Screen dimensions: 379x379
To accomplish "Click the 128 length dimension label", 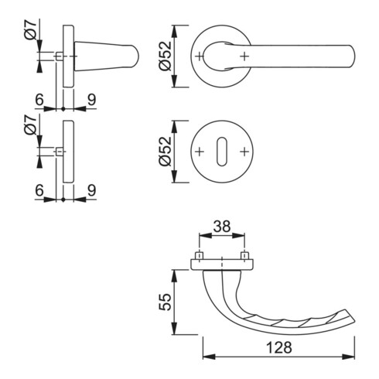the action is [x=279, y=347].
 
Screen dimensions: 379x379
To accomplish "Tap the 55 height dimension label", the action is [x=165, y=302].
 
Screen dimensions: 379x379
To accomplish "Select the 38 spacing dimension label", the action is [x=222, y=227].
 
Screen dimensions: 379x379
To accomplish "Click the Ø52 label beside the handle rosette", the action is [x=165, y=56].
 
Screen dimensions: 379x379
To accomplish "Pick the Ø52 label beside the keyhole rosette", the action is [x=165, y=152].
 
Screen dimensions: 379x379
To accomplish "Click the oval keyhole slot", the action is [x=222, y=152].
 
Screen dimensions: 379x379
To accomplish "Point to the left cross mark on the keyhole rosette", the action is [x=200, y=152].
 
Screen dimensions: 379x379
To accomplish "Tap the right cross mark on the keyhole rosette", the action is [x=244, y=152].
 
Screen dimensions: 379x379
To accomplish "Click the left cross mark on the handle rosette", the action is [x=200, y=56].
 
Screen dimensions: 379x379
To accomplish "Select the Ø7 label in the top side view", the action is [x=30, y=30].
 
